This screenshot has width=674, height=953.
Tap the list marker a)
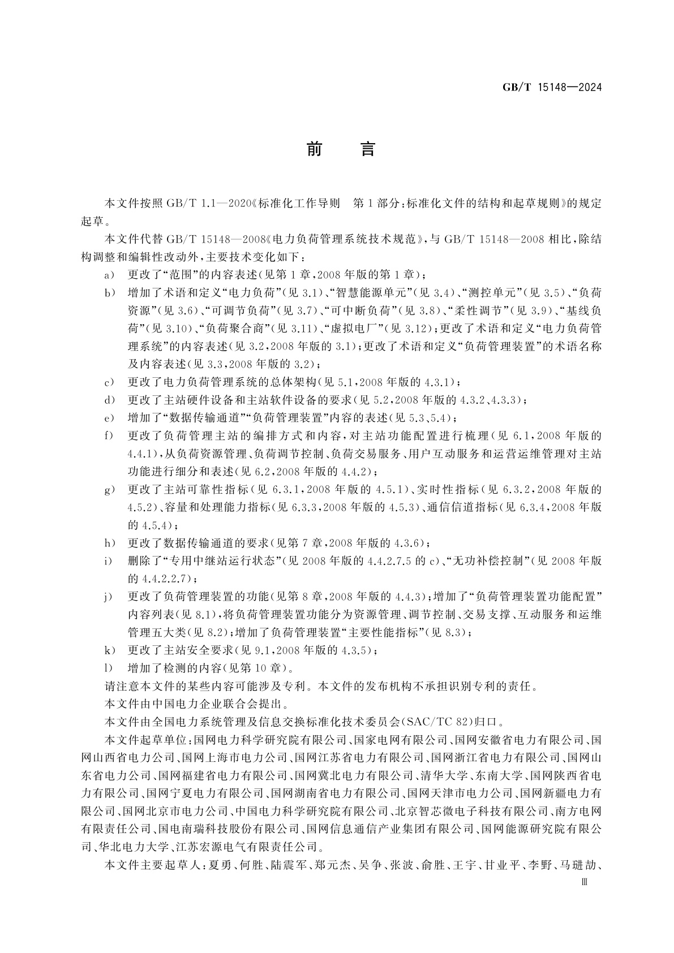[x=109, y=275]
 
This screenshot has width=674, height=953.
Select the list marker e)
[x=109, y=419]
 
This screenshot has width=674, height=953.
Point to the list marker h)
[x=109, y=544]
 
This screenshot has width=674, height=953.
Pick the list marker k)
[x=109, y=650]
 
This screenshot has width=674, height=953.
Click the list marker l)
[x=109, y=669]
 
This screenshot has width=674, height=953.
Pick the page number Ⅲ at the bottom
[x=585, y=881]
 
